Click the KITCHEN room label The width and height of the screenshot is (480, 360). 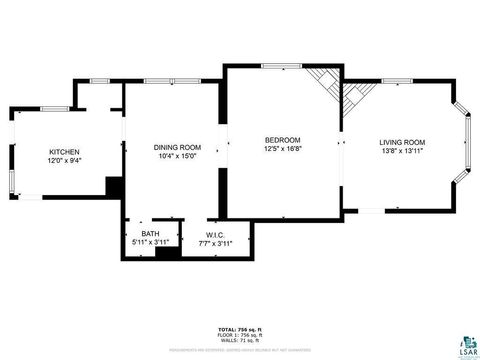point(64,152)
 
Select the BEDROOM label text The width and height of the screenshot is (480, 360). point(283,140)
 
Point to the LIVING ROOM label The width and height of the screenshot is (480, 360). point(402,142)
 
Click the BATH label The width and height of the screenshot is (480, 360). point(150,234)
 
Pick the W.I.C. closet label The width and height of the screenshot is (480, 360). point(216,234)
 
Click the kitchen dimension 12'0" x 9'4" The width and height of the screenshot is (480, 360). point(64,160)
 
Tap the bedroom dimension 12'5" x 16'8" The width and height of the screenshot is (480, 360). point(283,149)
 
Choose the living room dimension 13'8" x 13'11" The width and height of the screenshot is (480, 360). point(402,151)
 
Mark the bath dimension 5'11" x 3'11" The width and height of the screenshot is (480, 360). point(150,242)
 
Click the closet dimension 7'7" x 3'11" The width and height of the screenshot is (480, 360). point(216,242)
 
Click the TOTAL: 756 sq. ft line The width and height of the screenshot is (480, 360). point(240,328)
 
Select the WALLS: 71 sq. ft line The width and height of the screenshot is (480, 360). point(240,340)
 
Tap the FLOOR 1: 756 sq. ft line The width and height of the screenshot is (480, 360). point(240,334)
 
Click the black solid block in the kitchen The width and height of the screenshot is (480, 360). point(115,187)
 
